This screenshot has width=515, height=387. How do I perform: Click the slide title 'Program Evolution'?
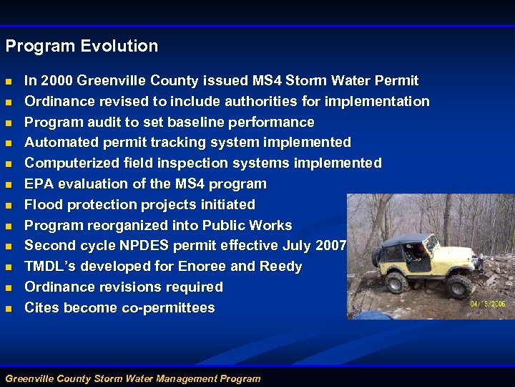(x=82, y=47)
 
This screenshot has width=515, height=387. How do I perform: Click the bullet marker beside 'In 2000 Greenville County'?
(x=9, y=81)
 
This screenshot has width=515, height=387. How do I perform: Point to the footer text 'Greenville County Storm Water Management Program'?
(x=133, y=378)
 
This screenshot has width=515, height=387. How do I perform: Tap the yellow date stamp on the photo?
(x=489, y=303)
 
